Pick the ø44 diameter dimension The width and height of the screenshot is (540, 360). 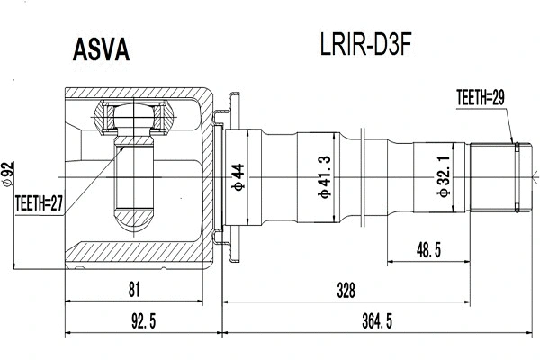pos(238,176)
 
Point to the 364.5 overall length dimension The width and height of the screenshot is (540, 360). pos(377,319)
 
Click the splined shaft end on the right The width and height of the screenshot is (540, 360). pos(496,177)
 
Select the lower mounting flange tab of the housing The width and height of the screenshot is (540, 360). pos(229,249)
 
